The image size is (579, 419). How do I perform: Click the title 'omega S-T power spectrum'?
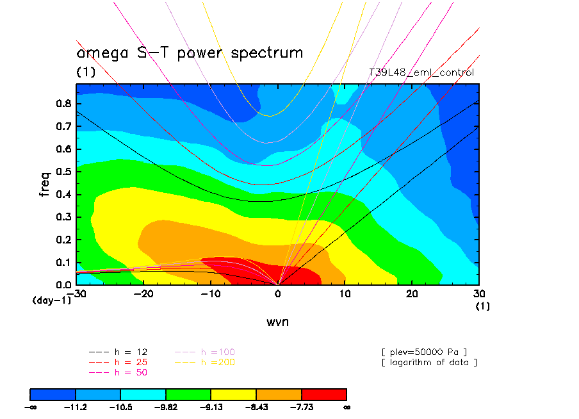(190, 53)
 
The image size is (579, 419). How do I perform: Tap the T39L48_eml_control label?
(421, 72)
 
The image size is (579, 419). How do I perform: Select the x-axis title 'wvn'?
(277, 322)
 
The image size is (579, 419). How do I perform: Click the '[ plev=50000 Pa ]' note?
(423, 352)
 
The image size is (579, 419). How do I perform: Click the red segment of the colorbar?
(324, 393)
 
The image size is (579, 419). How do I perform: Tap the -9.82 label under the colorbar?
(166, 406)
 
